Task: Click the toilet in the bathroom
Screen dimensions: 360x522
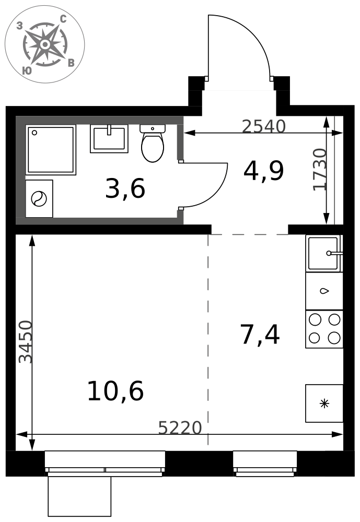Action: [x=153, y=143]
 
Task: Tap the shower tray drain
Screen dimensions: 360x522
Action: [x=34, y=133]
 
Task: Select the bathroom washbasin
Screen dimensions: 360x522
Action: [x=109, y=139]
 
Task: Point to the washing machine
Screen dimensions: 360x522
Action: [x=39, y=199]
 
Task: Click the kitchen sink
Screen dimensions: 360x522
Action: [x=324, y=253]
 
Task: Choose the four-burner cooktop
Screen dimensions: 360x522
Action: [x=324, y=329]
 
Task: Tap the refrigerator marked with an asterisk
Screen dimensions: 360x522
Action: [x=324, y=404]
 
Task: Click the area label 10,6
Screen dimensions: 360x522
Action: [x=115, y=391]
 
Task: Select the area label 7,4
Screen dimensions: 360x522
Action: [x=260, y=335]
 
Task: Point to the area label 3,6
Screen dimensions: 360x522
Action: [x=125, y=188]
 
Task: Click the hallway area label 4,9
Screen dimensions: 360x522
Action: [x=264, y=171]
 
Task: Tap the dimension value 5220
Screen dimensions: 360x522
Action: [x=180, y=428]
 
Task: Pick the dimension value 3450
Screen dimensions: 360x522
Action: [x=25, y=342]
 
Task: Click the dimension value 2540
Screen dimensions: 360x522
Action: [x=264, y=126]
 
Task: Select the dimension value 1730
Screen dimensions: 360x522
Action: [x=319, y=170]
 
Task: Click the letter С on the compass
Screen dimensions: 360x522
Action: [x=63, y=19]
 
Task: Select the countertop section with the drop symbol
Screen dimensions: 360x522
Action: [x=324, y=291]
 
